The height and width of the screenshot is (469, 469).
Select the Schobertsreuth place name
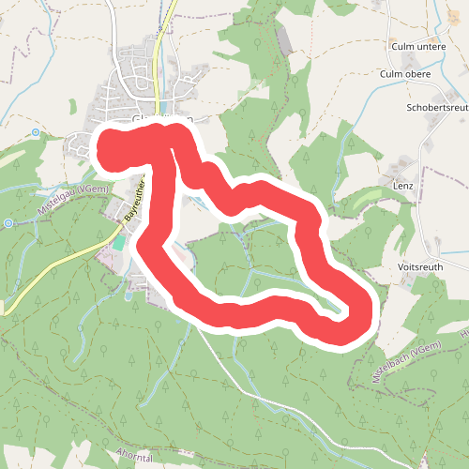pos(437,108)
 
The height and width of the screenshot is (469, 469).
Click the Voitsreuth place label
pos(419,266)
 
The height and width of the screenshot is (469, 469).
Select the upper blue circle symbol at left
pos(36,132)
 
